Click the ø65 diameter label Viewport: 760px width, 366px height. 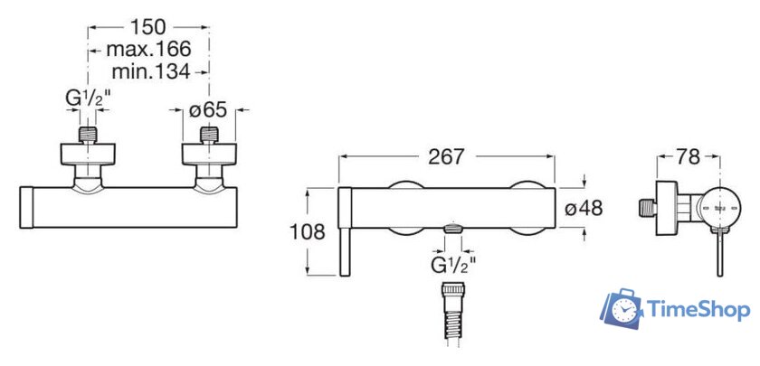coord(209,111)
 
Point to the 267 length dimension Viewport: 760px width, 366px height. coord(445,156)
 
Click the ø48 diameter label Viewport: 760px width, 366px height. coord(584,208)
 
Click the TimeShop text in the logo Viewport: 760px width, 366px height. coord(698,310)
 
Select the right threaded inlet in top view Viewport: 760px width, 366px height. coord(210,136)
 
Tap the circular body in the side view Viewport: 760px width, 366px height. coord(718,207)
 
